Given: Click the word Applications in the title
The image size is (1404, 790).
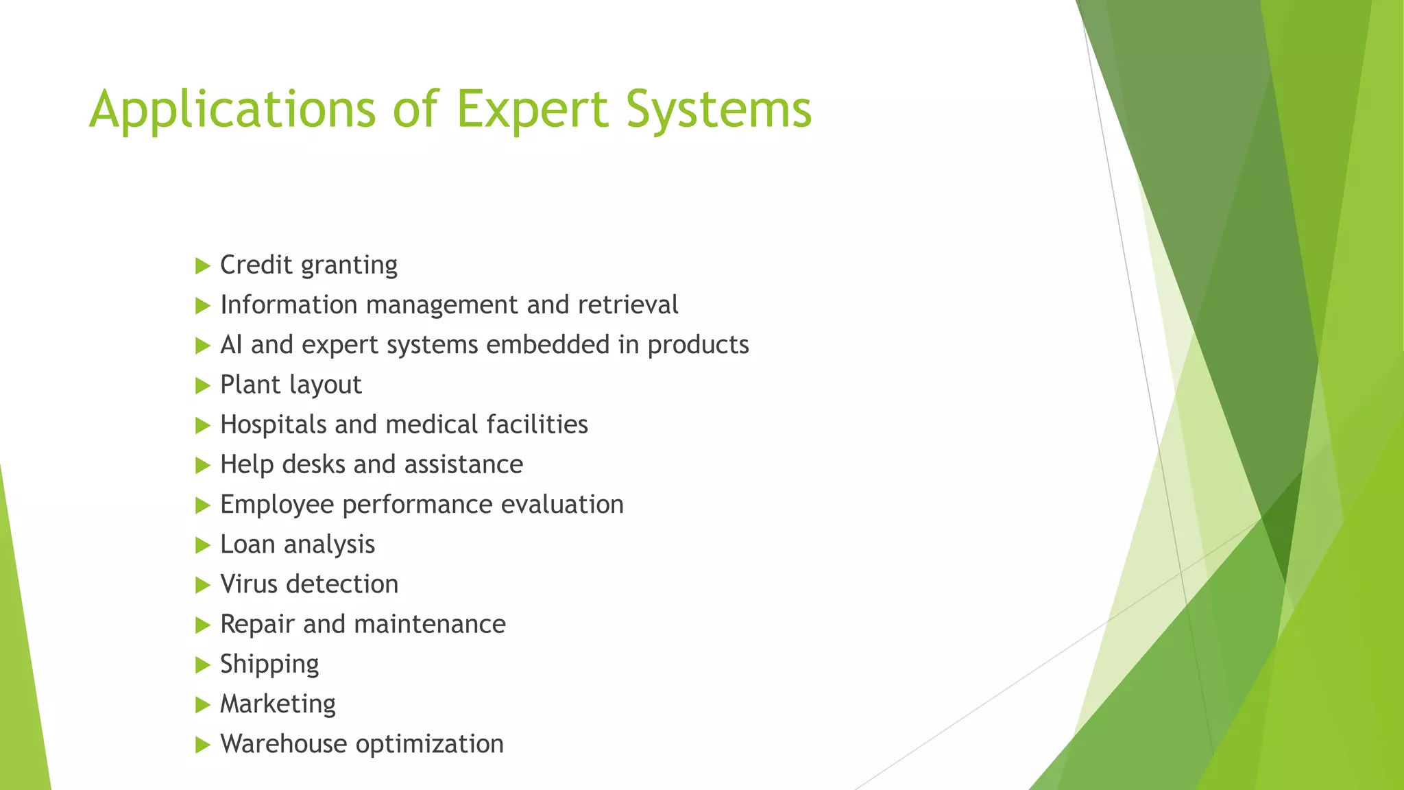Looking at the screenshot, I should (232, 110).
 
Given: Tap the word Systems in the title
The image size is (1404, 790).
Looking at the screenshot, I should (718, 110).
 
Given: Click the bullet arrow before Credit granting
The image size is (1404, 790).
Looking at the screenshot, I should (202, 266).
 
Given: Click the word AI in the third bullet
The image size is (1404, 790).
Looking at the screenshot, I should (231, 345).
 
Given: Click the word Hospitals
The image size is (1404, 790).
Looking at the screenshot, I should (274, 425).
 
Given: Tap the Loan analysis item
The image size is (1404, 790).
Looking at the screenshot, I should (298, 544).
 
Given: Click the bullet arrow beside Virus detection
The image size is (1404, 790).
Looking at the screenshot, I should (202, 585).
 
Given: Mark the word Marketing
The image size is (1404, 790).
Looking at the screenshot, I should (278, 704).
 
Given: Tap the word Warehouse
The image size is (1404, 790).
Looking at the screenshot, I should (283, 744).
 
